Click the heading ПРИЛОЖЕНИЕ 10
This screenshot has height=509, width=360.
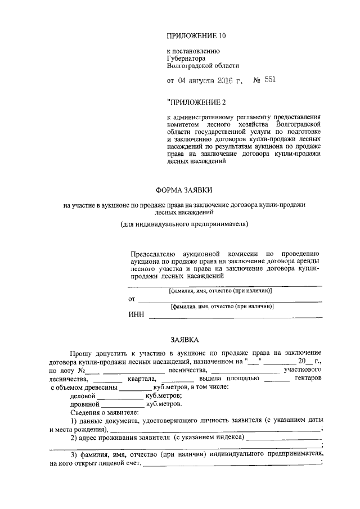(196, 36)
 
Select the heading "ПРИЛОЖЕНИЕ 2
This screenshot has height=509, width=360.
(196, 102)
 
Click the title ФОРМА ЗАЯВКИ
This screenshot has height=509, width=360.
(184, 190)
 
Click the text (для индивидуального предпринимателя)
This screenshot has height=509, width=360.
(183, 224)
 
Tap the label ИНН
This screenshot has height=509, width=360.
(137, 316)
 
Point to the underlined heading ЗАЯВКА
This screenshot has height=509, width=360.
(184, 340)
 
